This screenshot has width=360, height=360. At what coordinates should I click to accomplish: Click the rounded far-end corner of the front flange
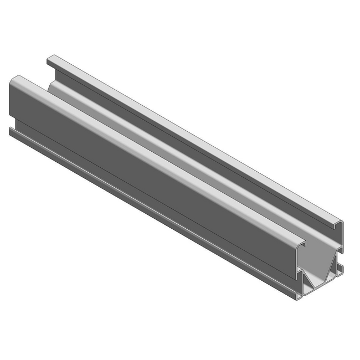(x=15, y=79)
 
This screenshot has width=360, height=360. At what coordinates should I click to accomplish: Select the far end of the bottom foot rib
(x=11, y=131)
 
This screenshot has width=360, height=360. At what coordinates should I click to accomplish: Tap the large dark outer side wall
(x=138, y=166)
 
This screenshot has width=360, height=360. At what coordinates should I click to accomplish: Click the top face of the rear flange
(x=194, y=138)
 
